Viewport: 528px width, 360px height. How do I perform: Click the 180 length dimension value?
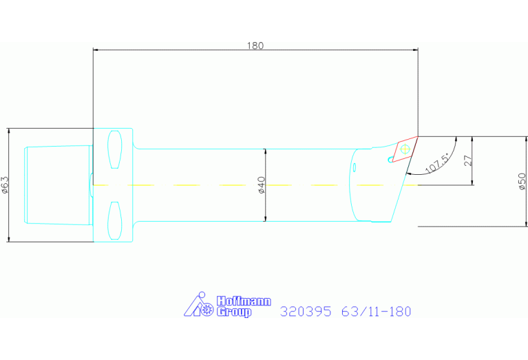[255, 45]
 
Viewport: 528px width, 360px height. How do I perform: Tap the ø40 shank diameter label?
[262, 185]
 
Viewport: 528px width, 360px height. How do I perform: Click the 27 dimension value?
[467, 160]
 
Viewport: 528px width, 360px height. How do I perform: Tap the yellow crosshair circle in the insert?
[405, 147]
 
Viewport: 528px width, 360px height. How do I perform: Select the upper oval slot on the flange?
[116, 150]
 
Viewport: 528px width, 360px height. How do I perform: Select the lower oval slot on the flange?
[116, 220]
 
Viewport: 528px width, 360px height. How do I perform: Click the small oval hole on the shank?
[354, 167]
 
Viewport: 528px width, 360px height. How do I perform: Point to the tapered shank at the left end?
[56, 185]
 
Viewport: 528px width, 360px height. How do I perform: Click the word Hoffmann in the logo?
[244, 301]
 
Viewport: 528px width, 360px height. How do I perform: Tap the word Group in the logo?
[234, 313]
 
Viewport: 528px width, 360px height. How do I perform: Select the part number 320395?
[306, 312]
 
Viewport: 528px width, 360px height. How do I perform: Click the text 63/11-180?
[377, 312]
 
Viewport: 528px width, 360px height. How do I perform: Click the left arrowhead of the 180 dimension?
[96, 50]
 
